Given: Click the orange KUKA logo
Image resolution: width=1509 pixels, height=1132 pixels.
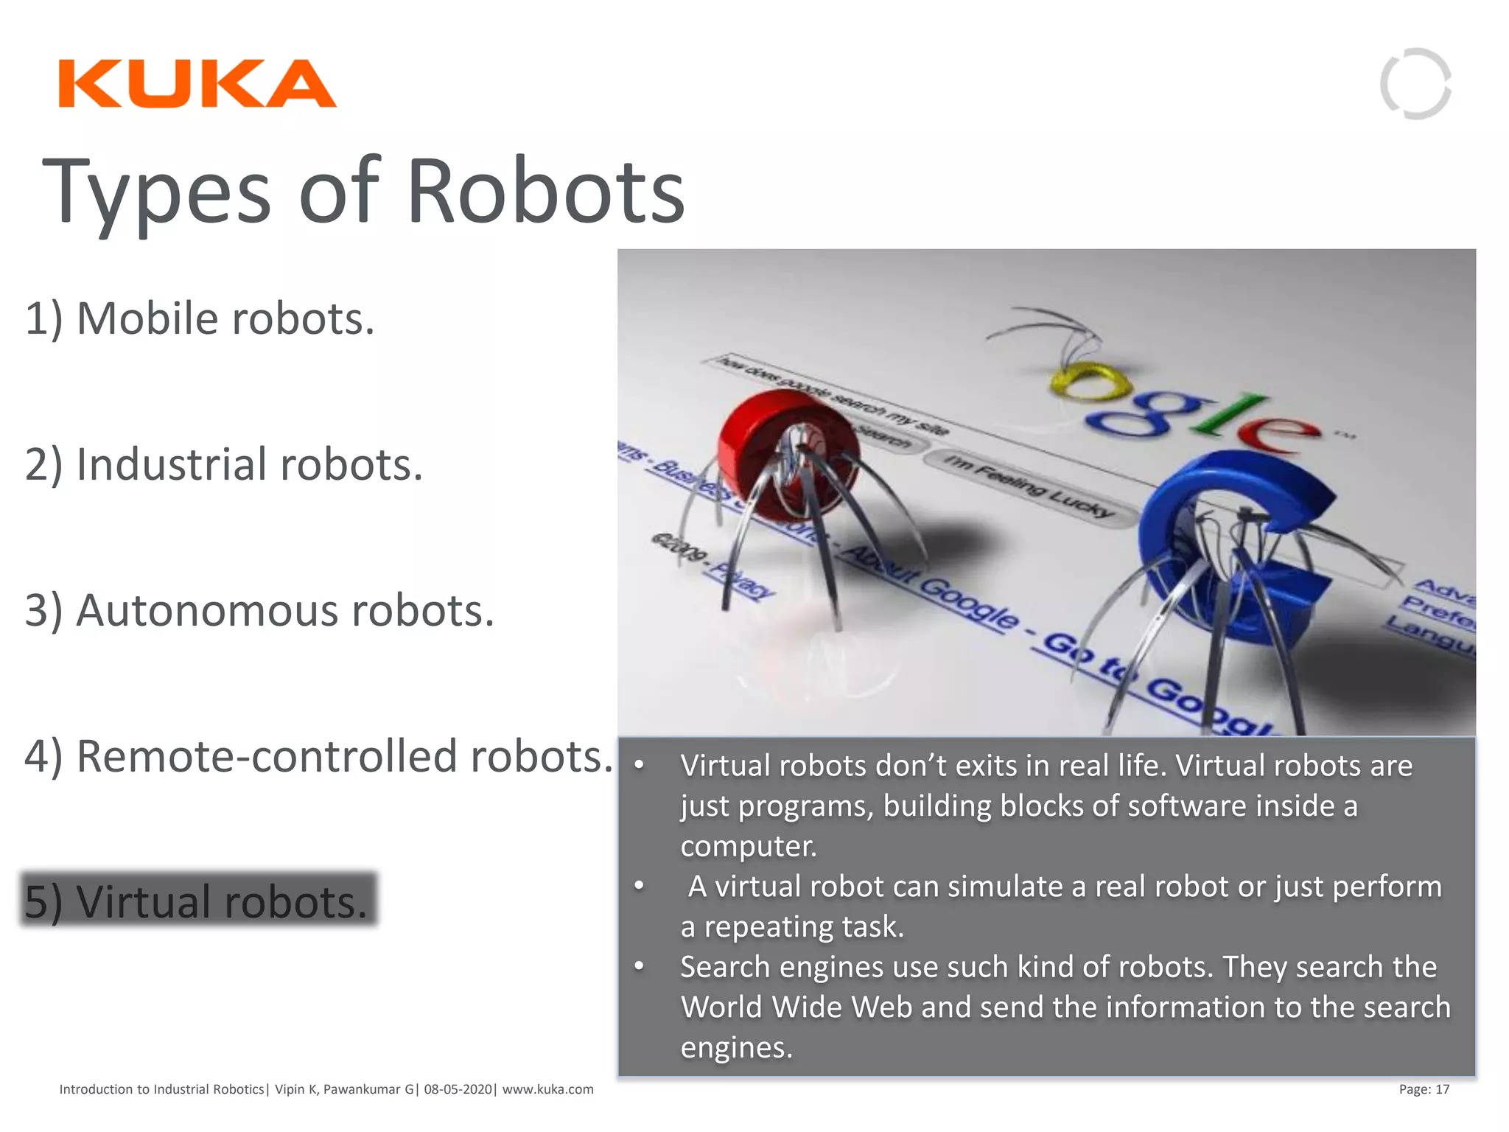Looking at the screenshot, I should coord(197,83).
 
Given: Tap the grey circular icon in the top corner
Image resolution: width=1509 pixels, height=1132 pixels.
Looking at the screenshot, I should coord(1415,83).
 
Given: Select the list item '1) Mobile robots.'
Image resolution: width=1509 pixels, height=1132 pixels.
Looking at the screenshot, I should coord(200,318).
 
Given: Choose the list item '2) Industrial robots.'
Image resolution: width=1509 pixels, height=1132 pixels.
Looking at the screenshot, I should coord(224,464).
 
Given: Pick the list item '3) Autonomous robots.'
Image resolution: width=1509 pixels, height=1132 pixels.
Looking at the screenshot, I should coord(259,610).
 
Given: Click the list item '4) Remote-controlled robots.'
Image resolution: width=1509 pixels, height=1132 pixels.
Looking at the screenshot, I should coord(318,756).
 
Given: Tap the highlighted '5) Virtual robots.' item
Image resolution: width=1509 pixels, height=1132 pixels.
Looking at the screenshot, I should coord(197,901).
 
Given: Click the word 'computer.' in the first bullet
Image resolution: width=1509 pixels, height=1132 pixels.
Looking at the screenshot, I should coord(749,846).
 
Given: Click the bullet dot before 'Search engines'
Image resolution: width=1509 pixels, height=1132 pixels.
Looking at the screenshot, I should coord(640,965).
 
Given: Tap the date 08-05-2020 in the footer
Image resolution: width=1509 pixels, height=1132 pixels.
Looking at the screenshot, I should coord(458,1089).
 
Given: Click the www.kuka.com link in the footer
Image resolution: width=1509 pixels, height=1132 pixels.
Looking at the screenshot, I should coord(547,1089).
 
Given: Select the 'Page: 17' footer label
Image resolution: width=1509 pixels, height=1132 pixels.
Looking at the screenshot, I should coord(1424,1089).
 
